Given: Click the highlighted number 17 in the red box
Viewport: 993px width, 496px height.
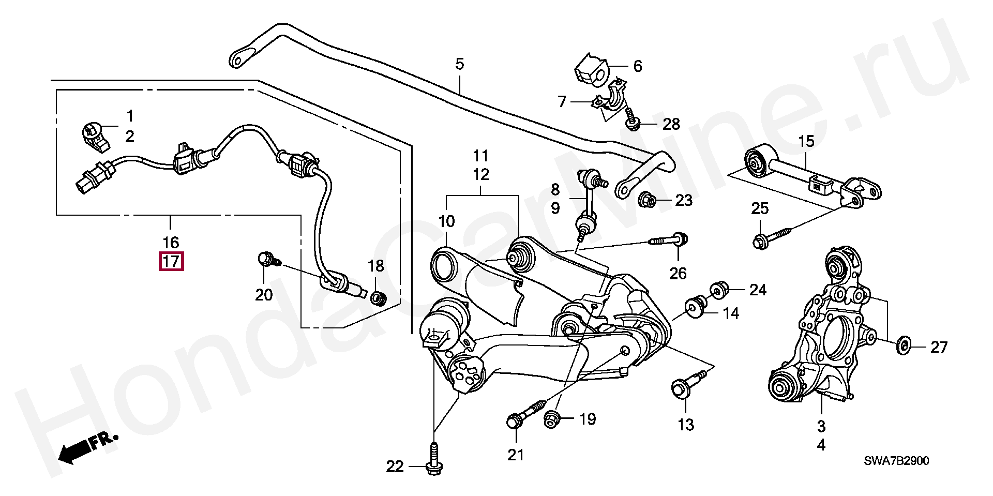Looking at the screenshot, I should (x=171, y=261).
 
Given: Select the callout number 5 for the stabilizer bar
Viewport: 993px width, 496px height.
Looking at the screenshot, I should (x=459, y=65).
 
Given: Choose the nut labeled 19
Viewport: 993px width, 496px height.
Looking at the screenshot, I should (x=551, y=420).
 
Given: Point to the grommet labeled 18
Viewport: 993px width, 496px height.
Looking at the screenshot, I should (x=379, y=298).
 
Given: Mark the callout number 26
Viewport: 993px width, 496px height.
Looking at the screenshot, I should (x=678, y=273).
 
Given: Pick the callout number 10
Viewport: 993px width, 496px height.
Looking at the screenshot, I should (x=446, y=222).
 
